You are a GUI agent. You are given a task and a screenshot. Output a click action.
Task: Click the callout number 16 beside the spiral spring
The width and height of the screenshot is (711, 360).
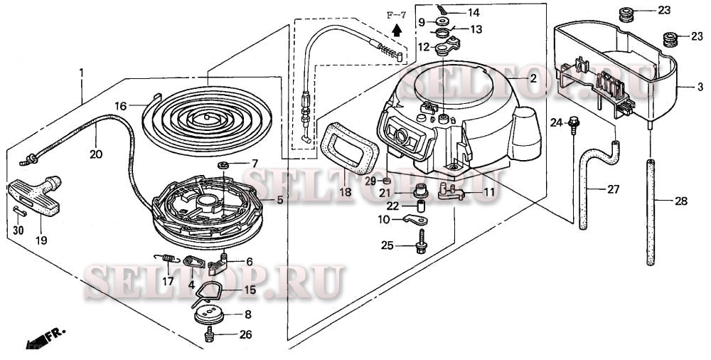coord(122,105)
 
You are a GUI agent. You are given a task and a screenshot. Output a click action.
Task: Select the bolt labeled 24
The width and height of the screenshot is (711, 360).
coord(574,124)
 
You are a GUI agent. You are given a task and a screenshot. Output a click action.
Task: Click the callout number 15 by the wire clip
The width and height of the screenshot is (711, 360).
coord(249,290)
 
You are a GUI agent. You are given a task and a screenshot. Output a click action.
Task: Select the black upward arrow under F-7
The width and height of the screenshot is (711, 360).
coord(397,30)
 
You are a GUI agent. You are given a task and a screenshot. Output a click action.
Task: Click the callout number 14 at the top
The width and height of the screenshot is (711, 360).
coord(473,12)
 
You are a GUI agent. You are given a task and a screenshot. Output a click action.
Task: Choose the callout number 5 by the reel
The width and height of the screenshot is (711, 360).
coord(280,201)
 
